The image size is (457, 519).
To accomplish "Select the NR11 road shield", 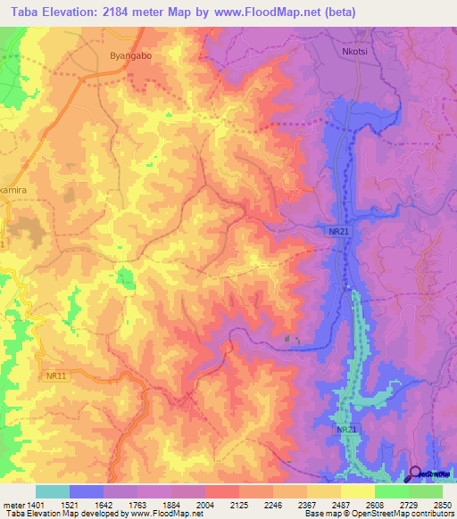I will click(x=56, y=376).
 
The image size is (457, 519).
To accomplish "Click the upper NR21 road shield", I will click(x=337, y=230).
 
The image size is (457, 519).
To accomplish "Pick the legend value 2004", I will click(x=205, y=504).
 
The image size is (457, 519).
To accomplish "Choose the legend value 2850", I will click(x=443, y=504).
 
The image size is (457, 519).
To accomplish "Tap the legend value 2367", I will click(x=307, y=504).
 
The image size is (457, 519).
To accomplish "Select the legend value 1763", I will click(x=137, y=504).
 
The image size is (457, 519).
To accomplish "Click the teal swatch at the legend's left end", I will click(x=53, y=491).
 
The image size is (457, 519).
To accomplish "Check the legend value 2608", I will click(x=375, y=504).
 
